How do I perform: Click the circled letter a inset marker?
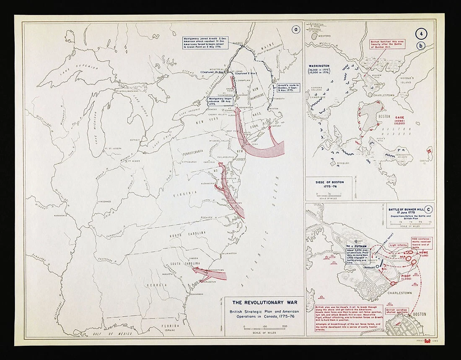(x=296, y=29)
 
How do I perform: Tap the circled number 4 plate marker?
(x=421, y=34)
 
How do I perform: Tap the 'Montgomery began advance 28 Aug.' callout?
(x=221, y=102)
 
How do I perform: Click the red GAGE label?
(x=396, y=117)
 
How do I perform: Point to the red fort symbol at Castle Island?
(x=429, y=150)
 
